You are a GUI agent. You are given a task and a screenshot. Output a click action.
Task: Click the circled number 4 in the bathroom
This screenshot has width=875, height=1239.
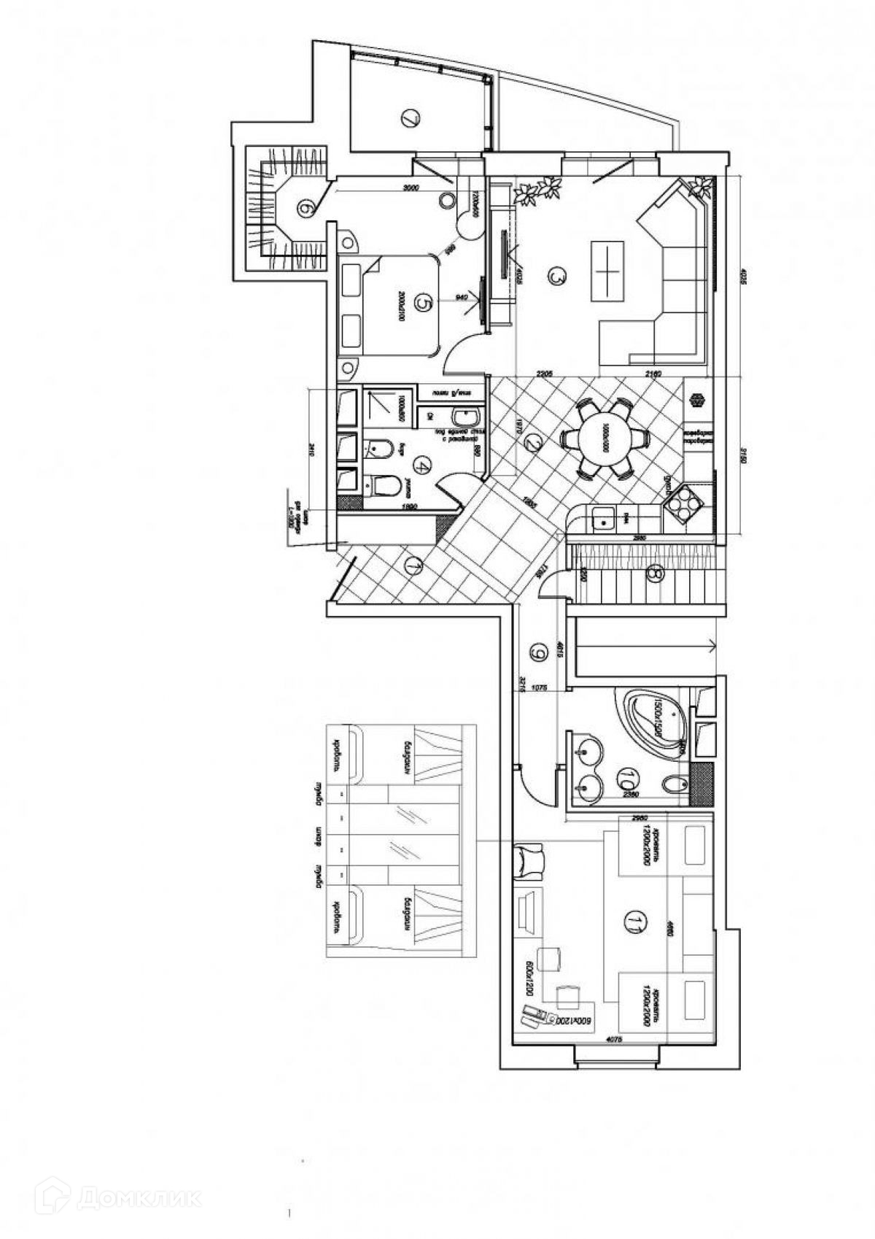422,464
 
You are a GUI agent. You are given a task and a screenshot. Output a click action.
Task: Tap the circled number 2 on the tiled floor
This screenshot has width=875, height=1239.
533,444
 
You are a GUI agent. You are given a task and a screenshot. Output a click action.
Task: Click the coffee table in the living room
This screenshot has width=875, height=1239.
607,269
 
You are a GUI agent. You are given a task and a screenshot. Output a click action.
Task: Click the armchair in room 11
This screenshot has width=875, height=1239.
530,860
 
